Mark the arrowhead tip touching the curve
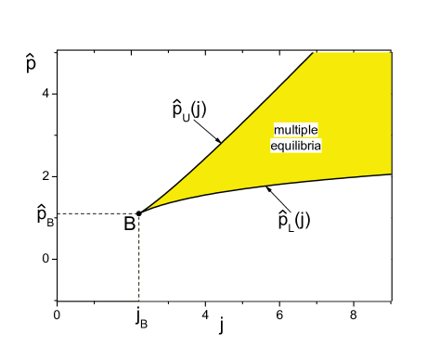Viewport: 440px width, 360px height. pos(266,187)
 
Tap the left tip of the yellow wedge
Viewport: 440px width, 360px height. pos(141,213)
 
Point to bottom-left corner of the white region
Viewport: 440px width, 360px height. pos(139,300)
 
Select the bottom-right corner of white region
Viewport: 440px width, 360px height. pos(391,300)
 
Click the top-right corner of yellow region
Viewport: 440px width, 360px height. pos(391,52)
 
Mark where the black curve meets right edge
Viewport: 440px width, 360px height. pos(391,174)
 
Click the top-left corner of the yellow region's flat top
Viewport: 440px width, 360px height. pos(317,52)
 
